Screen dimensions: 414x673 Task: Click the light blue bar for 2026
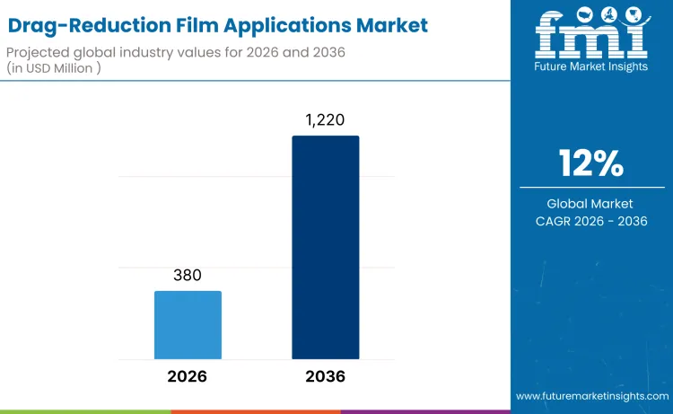point(188,324)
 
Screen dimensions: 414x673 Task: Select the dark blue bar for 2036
point(325,247)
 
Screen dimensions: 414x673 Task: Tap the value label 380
point(188,276)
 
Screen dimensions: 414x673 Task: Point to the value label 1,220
point(325,119)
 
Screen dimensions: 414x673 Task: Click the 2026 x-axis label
point(188,376)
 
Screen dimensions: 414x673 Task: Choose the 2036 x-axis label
point(325,376)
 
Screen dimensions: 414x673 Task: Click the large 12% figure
point(590,163)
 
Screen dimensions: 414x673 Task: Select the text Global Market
point(590,204)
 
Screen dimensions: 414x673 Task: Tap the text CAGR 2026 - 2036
point(590,221)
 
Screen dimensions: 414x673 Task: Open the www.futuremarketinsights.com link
point(592,396)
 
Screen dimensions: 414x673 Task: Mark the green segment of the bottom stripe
point(85,411)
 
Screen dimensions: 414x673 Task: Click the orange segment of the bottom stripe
point(256,411)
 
